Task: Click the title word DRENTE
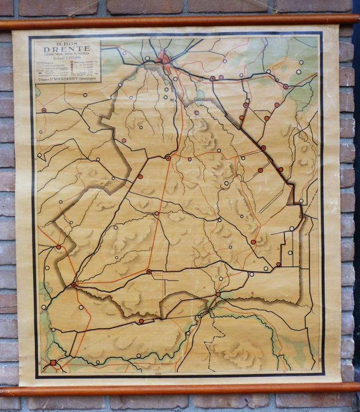tap(66, 49)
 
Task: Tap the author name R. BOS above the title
tap(66, 43)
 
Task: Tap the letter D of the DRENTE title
tap(47, 49)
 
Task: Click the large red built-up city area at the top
tap(164, 61)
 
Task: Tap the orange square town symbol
tap(53, 362)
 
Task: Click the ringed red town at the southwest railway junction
tap(74, 285)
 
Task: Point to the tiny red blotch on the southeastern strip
tap(252, 293)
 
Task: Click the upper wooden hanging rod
tap(180, 21)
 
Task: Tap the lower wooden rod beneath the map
tap(180, 389)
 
